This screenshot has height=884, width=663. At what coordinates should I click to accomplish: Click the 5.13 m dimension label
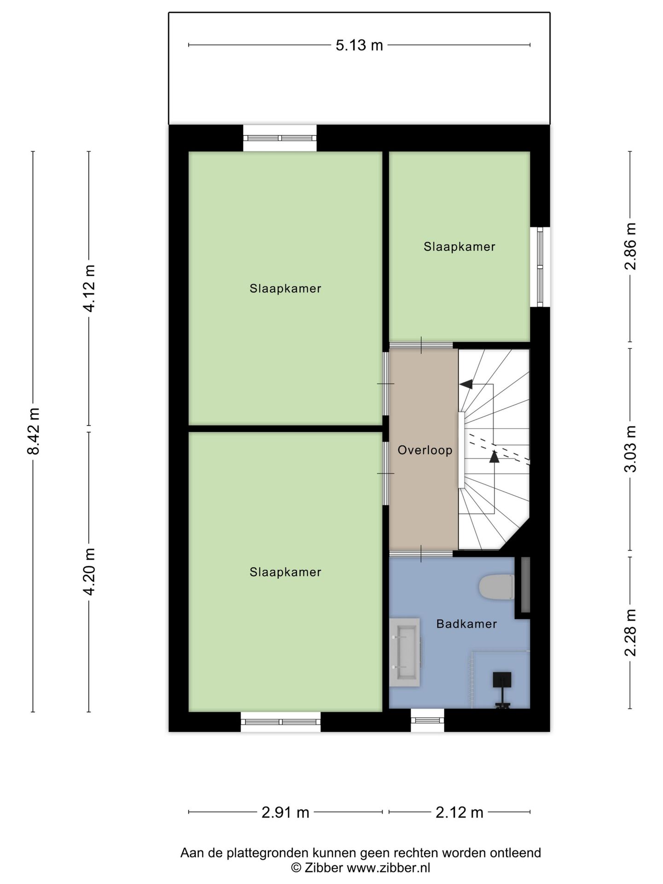point(359,45)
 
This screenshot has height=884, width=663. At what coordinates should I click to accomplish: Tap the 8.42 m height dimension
point(34,431)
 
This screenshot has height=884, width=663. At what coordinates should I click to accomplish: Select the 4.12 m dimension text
point(89,288)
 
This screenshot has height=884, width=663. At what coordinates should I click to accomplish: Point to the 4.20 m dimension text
point(89,571)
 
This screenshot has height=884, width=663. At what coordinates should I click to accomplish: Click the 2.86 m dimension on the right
point(630,246)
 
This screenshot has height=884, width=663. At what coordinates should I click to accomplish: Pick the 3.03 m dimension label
point(630,449)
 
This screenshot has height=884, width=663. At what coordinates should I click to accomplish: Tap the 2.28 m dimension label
point(630,632)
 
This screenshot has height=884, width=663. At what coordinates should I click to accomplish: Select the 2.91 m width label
point(285,813)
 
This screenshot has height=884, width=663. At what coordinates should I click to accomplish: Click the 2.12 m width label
point(459,813)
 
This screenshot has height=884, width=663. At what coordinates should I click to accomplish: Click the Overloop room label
point(425,450)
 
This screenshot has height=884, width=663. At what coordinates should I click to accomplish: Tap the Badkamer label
point(466,624)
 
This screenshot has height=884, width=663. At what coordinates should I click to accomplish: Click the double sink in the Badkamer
point(405,652)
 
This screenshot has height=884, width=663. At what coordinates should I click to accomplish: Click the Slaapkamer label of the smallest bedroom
point(459,247)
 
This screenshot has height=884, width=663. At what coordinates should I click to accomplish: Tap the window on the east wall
point(540,267)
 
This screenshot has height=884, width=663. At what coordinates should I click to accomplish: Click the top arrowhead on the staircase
point(466,384)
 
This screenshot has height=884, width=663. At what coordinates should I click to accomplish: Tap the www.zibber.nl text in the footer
point(388,868)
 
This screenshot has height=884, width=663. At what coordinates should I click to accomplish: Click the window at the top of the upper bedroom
point(279,138)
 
